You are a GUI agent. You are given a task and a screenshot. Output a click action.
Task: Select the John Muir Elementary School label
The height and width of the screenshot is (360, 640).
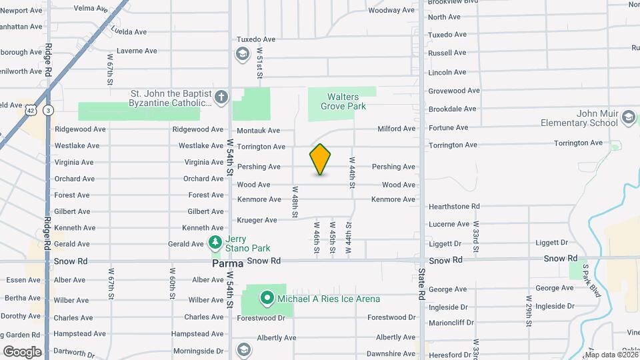pos(589,119)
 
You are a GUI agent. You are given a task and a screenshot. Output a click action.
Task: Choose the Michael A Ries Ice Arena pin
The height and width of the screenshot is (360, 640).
pos(267,298)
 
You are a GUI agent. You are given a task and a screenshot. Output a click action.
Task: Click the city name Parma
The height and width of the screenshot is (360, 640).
pos(227,263)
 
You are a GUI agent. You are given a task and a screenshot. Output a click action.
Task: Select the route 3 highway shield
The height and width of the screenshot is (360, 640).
pos(48,110)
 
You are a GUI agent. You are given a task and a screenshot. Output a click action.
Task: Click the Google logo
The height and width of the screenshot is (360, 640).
pos(22,351)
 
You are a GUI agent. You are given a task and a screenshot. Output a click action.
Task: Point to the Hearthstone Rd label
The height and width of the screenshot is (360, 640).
pos(454,207)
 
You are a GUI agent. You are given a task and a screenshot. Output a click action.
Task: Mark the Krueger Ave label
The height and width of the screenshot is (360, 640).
pos(257,220)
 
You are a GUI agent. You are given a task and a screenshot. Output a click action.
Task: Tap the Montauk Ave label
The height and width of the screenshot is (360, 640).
pos(258,131)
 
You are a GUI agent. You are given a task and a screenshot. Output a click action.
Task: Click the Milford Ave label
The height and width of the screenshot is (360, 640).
pos(396,129)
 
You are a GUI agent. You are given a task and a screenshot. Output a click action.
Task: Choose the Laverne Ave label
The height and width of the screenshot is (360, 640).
pos(137,51)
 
